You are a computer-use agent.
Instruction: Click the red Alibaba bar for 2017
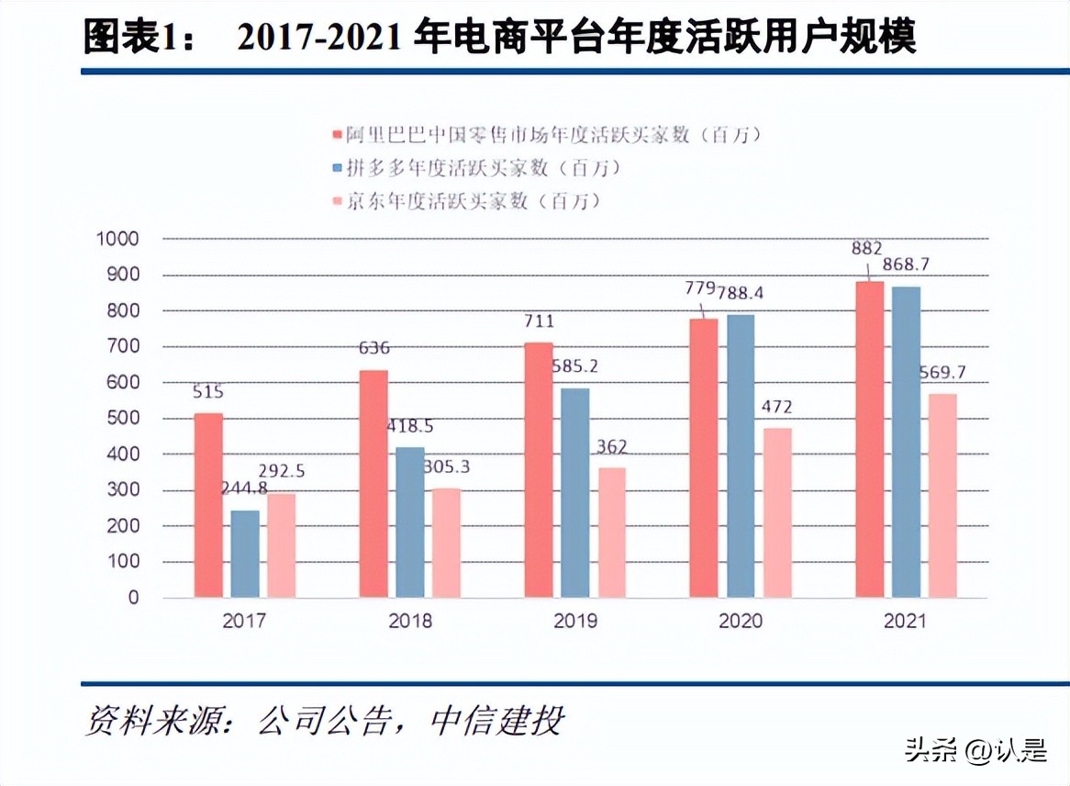pos(208,505)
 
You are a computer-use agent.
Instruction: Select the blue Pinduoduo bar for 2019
pos(575,492)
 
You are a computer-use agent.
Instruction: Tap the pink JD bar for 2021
pos(942,496)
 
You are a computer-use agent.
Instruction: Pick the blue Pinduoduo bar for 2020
pos(741,456)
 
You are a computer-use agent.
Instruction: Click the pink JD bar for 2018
pos(447,543)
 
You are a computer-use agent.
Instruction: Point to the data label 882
pos(865,248)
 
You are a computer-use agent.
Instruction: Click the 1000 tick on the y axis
pos(117,239)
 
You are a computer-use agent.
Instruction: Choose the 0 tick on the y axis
pos(133,598)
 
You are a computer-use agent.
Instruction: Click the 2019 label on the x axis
pos(575,622)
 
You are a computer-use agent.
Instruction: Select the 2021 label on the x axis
pos(906,622)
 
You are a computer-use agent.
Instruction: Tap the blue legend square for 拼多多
pos(337,169)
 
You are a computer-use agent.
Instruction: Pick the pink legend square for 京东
pos(337,201)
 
